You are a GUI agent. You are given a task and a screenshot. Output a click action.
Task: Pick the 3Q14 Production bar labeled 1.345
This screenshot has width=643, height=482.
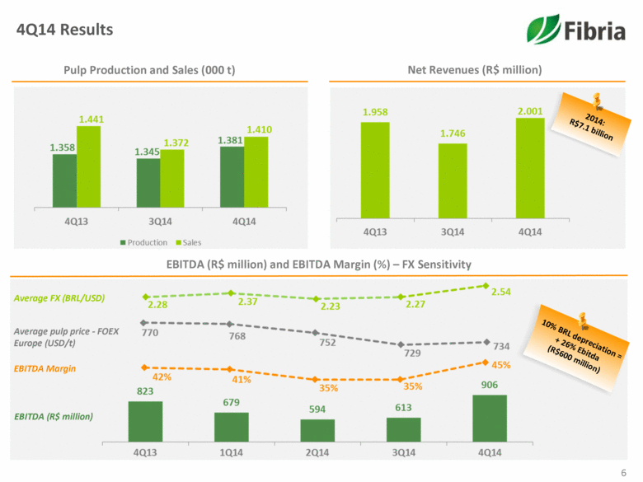148,184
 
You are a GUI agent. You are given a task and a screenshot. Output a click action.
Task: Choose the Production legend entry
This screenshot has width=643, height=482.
144,242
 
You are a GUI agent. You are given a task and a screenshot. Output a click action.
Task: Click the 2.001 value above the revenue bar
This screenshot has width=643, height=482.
530,110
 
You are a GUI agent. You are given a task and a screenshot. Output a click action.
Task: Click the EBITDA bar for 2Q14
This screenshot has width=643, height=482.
317,431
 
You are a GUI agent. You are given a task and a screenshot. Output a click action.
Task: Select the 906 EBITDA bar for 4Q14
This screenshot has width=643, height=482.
490,419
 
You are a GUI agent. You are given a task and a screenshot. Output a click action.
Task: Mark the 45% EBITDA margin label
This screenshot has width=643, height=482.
501,364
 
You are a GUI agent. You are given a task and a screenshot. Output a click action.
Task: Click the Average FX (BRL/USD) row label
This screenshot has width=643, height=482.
59,297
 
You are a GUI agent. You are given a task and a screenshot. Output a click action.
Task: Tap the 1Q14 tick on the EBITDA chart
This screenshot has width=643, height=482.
232,453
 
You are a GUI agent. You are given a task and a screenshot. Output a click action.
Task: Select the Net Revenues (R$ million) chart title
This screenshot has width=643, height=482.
474,70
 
